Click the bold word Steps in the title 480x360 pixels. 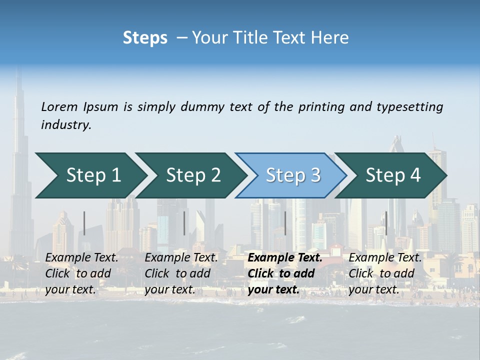point(145,38)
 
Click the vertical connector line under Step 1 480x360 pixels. point(84,223)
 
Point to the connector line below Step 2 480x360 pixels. point(184,223)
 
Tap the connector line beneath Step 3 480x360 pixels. point(285,223)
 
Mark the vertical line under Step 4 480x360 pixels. point(386,223)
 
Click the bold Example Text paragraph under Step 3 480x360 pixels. point(285,273)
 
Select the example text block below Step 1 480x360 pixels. point(81,273)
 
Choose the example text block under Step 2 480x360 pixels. point(181,273)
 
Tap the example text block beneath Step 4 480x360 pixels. point(385,273)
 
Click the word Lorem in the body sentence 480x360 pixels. point(59,107)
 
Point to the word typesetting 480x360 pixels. point(409,107)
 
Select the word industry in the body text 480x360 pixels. point(66,125)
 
